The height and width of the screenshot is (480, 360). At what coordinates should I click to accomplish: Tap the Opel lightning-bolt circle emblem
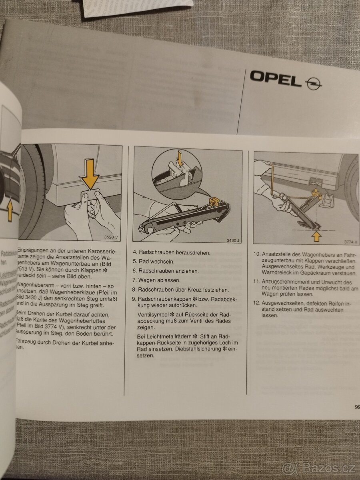(x=313, y=84)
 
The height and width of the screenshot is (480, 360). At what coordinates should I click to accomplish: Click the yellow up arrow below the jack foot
(x=317, y=236)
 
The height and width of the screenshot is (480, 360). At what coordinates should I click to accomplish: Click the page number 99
(x=357, y=408)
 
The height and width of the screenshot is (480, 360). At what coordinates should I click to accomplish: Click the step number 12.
(x=257, y=303)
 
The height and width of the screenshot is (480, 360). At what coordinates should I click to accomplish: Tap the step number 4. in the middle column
(x=135, y=252)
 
